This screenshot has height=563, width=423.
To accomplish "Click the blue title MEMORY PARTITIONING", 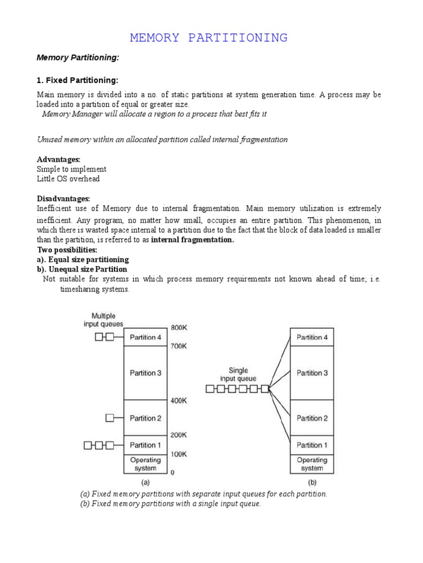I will (x=209, y=38).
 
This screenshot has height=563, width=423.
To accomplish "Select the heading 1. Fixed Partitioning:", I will (x=77, y=80).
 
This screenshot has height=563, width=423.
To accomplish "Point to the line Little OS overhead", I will (x=68, y=179).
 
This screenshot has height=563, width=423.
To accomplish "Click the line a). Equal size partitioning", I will (x=83, y=260).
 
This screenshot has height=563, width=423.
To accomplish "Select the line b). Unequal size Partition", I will (x=82, y=269).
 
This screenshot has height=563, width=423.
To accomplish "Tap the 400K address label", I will (x=180, y=401).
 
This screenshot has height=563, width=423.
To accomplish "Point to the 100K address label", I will (x=180, y=454).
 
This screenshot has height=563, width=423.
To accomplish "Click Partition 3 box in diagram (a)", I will (x=146, y=373).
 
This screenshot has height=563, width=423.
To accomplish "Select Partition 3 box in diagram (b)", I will (x=312, y=373).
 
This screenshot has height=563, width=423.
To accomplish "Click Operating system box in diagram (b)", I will (x=312, y=464).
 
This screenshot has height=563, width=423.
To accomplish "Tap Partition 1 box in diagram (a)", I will (x=146, y=445).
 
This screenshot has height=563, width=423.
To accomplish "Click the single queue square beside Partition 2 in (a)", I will (x=110, y=418).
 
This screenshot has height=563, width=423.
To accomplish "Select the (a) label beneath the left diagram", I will (x=145, y=482).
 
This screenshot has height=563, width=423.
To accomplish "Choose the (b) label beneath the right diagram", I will (x=312, y=482).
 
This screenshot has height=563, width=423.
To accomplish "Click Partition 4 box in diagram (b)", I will (x=312, y=337).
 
